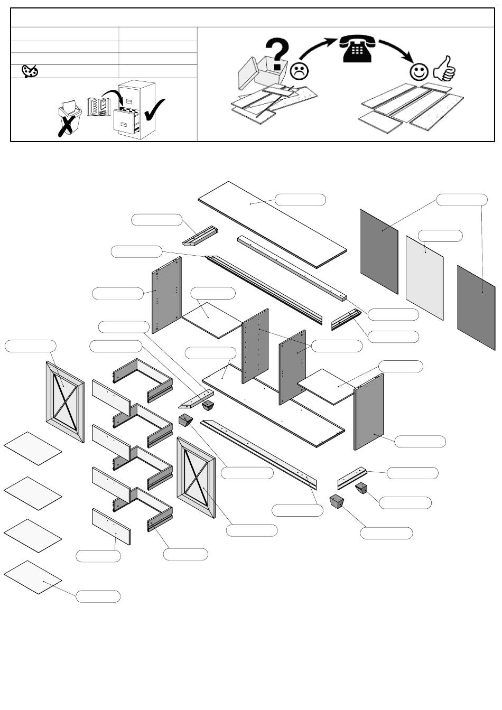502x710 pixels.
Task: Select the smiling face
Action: [x=420, y=71]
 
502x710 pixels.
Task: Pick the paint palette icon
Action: [x=30, y=71]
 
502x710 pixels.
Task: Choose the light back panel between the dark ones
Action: [x=424, y=277]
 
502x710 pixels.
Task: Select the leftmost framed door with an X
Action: [x=65, y=402]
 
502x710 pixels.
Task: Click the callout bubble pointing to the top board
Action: [x=300, y=200]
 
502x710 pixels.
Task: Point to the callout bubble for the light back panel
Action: [x=440, y=236]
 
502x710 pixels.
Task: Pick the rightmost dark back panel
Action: [x=476, y=307]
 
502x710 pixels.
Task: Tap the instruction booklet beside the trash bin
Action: [x=98, y=106]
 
